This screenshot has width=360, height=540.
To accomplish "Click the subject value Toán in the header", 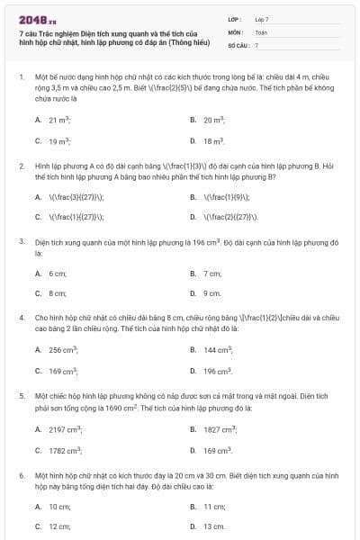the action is point(261,31).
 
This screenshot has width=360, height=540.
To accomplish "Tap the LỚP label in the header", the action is point(235,19).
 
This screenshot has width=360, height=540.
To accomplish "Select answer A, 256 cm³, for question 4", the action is point(61,349).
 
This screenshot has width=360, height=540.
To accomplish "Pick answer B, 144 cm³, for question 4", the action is point(217,349).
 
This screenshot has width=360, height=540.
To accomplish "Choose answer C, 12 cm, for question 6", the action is point(58,526).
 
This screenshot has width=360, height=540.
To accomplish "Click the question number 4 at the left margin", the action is point(22,318).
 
